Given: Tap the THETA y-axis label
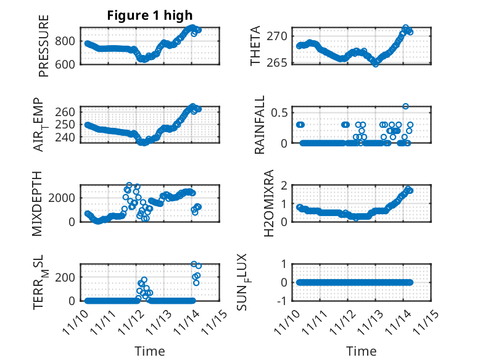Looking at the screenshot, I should point(255,46).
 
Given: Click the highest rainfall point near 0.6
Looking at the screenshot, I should point(405,106).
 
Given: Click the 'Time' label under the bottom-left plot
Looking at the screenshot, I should point(150,351).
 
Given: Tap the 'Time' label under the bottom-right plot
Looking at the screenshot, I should point(361,351).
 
